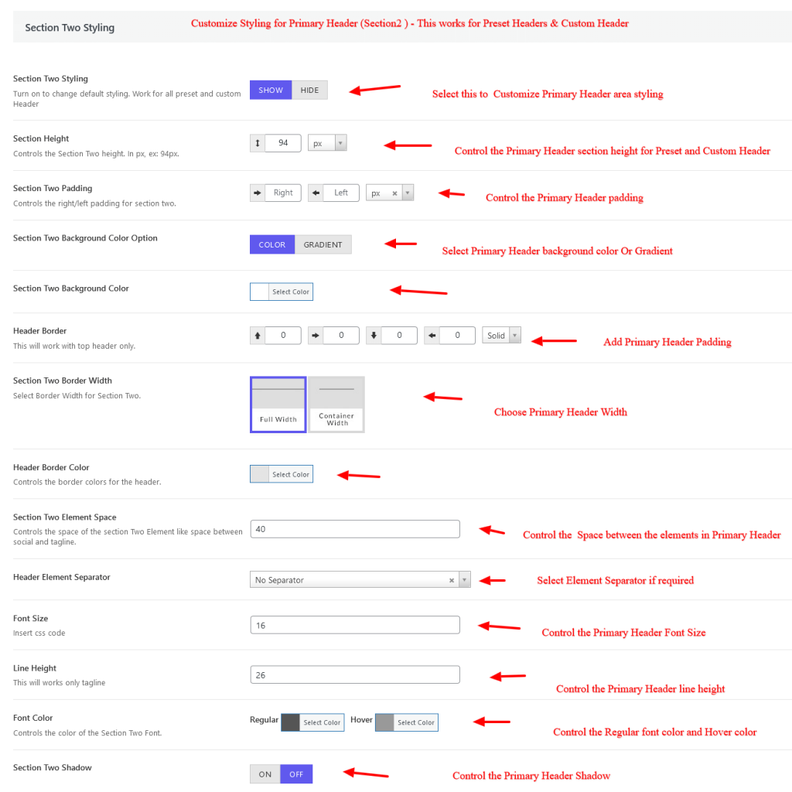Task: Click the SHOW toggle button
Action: pos(271,90)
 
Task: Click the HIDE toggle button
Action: pos(309,90)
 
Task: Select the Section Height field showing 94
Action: pos(283,143)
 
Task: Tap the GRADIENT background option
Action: pos(323,244)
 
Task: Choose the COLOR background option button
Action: pos(272,244)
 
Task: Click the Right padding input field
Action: pos(283,193)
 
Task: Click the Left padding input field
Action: pos(341,193)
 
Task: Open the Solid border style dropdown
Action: pos(501,336)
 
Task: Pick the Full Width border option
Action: pos(278,405)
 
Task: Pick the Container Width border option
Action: pos(336,405)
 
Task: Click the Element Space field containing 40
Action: pos(355,529)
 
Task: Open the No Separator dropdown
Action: pos(360,580)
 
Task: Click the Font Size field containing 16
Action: pos(355,625)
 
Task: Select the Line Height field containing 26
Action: pos(355,674)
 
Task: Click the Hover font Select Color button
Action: pos(407,722)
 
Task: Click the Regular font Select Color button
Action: pos(312,722)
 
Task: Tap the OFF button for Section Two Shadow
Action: pos(296,774)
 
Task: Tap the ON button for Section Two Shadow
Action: pos(265,774)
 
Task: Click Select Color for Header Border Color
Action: pos(282,474)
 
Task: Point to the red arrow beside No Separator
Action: pos(492,581)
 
